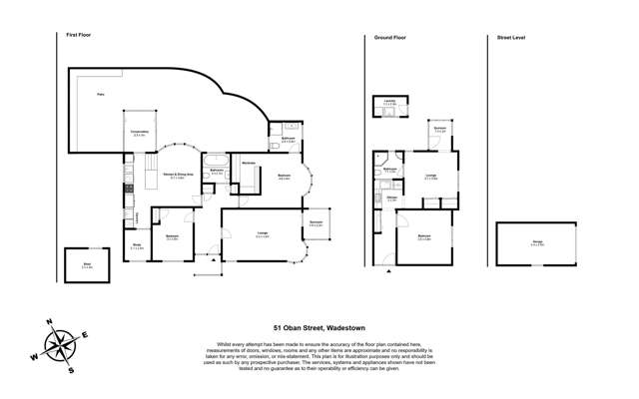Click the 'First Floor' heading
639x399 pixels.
point(79,36)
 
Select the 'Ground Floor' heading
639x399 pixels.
point(388,36)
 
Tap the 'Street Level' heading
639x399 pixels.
point(511,36)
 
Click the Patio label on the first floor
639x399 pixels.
point(99,95)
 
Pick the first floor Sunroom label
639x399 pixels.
point(316,223)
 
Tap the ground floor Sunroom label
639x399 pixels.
point(439,130)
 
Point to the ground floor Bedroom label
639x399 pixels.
point(423,236)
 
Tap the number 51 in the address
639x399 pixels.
point(280,325)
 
